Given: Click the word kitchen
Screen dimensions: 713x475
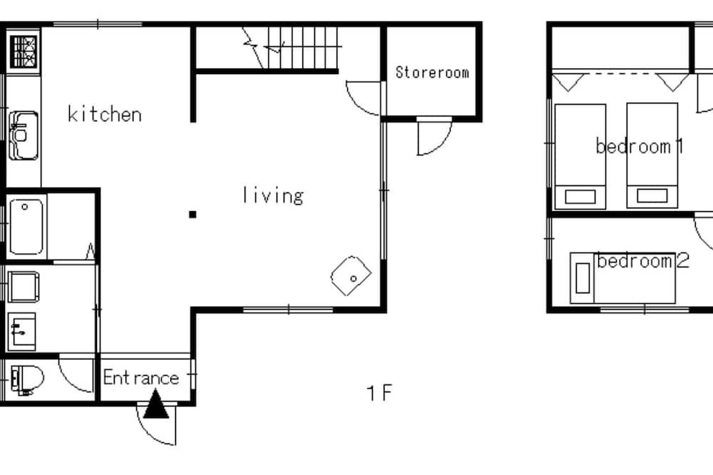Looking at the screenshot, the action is (105, 113).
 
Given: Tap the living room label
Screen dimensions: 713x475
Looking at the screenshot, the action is (273, 195).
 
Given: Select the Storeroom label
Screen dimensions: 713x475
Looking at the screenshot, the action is (432, 72).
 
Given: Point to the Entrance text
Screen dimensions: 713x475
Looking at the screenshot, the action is (141, 377).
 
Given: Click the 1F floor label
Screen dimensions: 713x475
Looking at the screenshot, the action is (379, 393).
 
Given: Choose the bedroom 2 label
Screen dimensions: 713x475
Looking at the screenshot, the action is (643, 261).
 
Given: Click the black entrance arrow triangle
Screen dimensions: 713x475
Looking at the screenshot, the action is (156, 404).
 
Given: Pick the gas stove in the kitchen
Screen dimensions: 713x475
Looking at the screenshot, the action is (24, 51).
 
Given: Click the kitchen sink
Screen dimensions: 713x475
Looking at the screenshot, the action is (24, 136).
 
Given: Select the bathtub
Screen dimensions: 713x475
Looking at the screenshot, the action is (26, 227).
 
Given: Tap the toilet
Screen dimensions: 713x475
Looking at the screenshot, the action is (27, 379).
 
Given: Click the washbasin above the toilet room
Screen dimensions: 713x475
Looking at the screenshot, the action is (22, 332).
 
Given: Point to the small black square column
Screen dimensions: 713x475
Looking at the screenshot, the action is (193, 214).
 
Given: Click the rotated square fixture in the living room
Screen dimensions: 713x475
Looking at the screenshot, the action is (351, 275).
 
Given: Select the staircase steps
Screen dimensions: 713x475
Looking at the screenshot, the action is (302, 47).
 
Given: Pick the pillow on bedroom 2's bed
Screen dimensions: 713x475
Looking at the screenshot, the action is (583, 278).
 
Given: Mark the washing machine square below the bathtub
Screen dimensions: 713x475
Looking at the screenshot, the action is (24, 287).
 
